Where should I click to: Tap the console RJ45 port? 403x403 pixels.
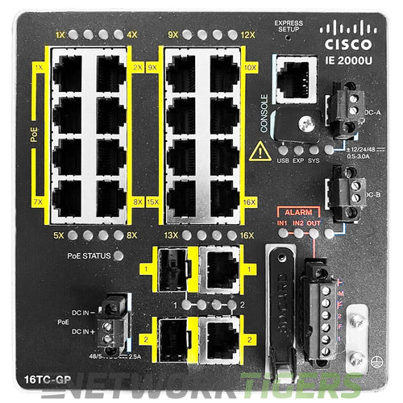[x=296, y=79]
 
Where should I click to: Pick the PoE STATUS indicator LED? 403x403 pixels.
[x=119, y=256]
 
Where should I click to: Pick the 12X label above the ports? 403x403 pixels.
[x=247, y=35]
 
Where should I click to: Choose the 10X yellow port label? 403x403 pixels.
[x=250, y=67]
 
